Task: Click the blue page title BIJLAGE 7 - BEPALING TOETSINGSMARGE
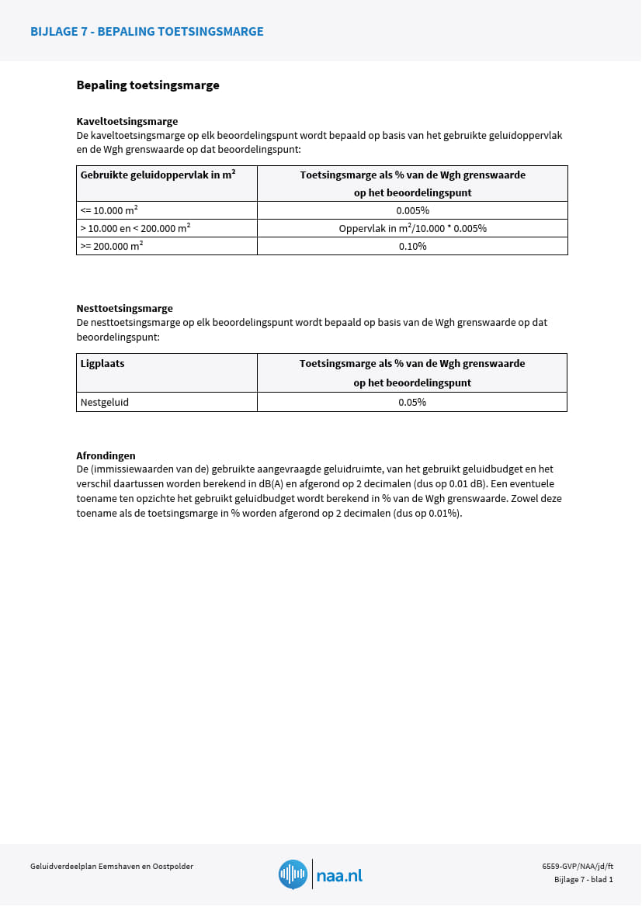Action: click(147, 32)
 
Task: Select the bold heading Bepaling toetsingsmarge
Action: click(147, 85)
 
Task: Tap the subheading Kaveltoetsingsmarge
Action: click(127, 121)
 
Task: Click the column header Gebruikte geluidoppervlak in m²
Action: click(158, 175)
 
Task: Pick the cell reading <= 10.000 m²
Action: click(109, 210)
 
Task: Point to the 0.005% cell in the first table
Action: click(412, 210)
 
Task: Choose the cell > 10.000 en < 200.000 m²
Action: click(135, 228)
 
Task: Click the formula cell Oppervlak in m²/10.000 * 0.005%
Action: click(412, 228)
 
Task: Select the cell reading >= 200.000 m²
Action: click(111, 246)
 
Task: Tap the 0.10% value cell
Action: click(412, 246)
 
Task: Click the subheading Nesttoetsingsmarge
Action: click(124, 308)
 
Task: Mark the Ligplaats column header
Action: click(102, 363)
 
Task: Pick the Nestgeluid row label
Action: click(105, 402)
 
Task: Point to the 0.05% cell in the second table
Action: click(412, 402)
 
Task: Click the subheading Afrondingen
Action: click(106, 455)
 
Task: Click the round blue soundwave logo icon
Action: click(293, 874)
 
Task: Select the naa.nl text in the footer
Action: click(339, 875)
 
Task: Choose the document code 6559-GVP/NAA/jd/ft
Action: click(577, 866)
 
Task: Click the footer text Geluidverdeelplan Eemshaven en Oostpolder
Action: click(112, 866)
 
